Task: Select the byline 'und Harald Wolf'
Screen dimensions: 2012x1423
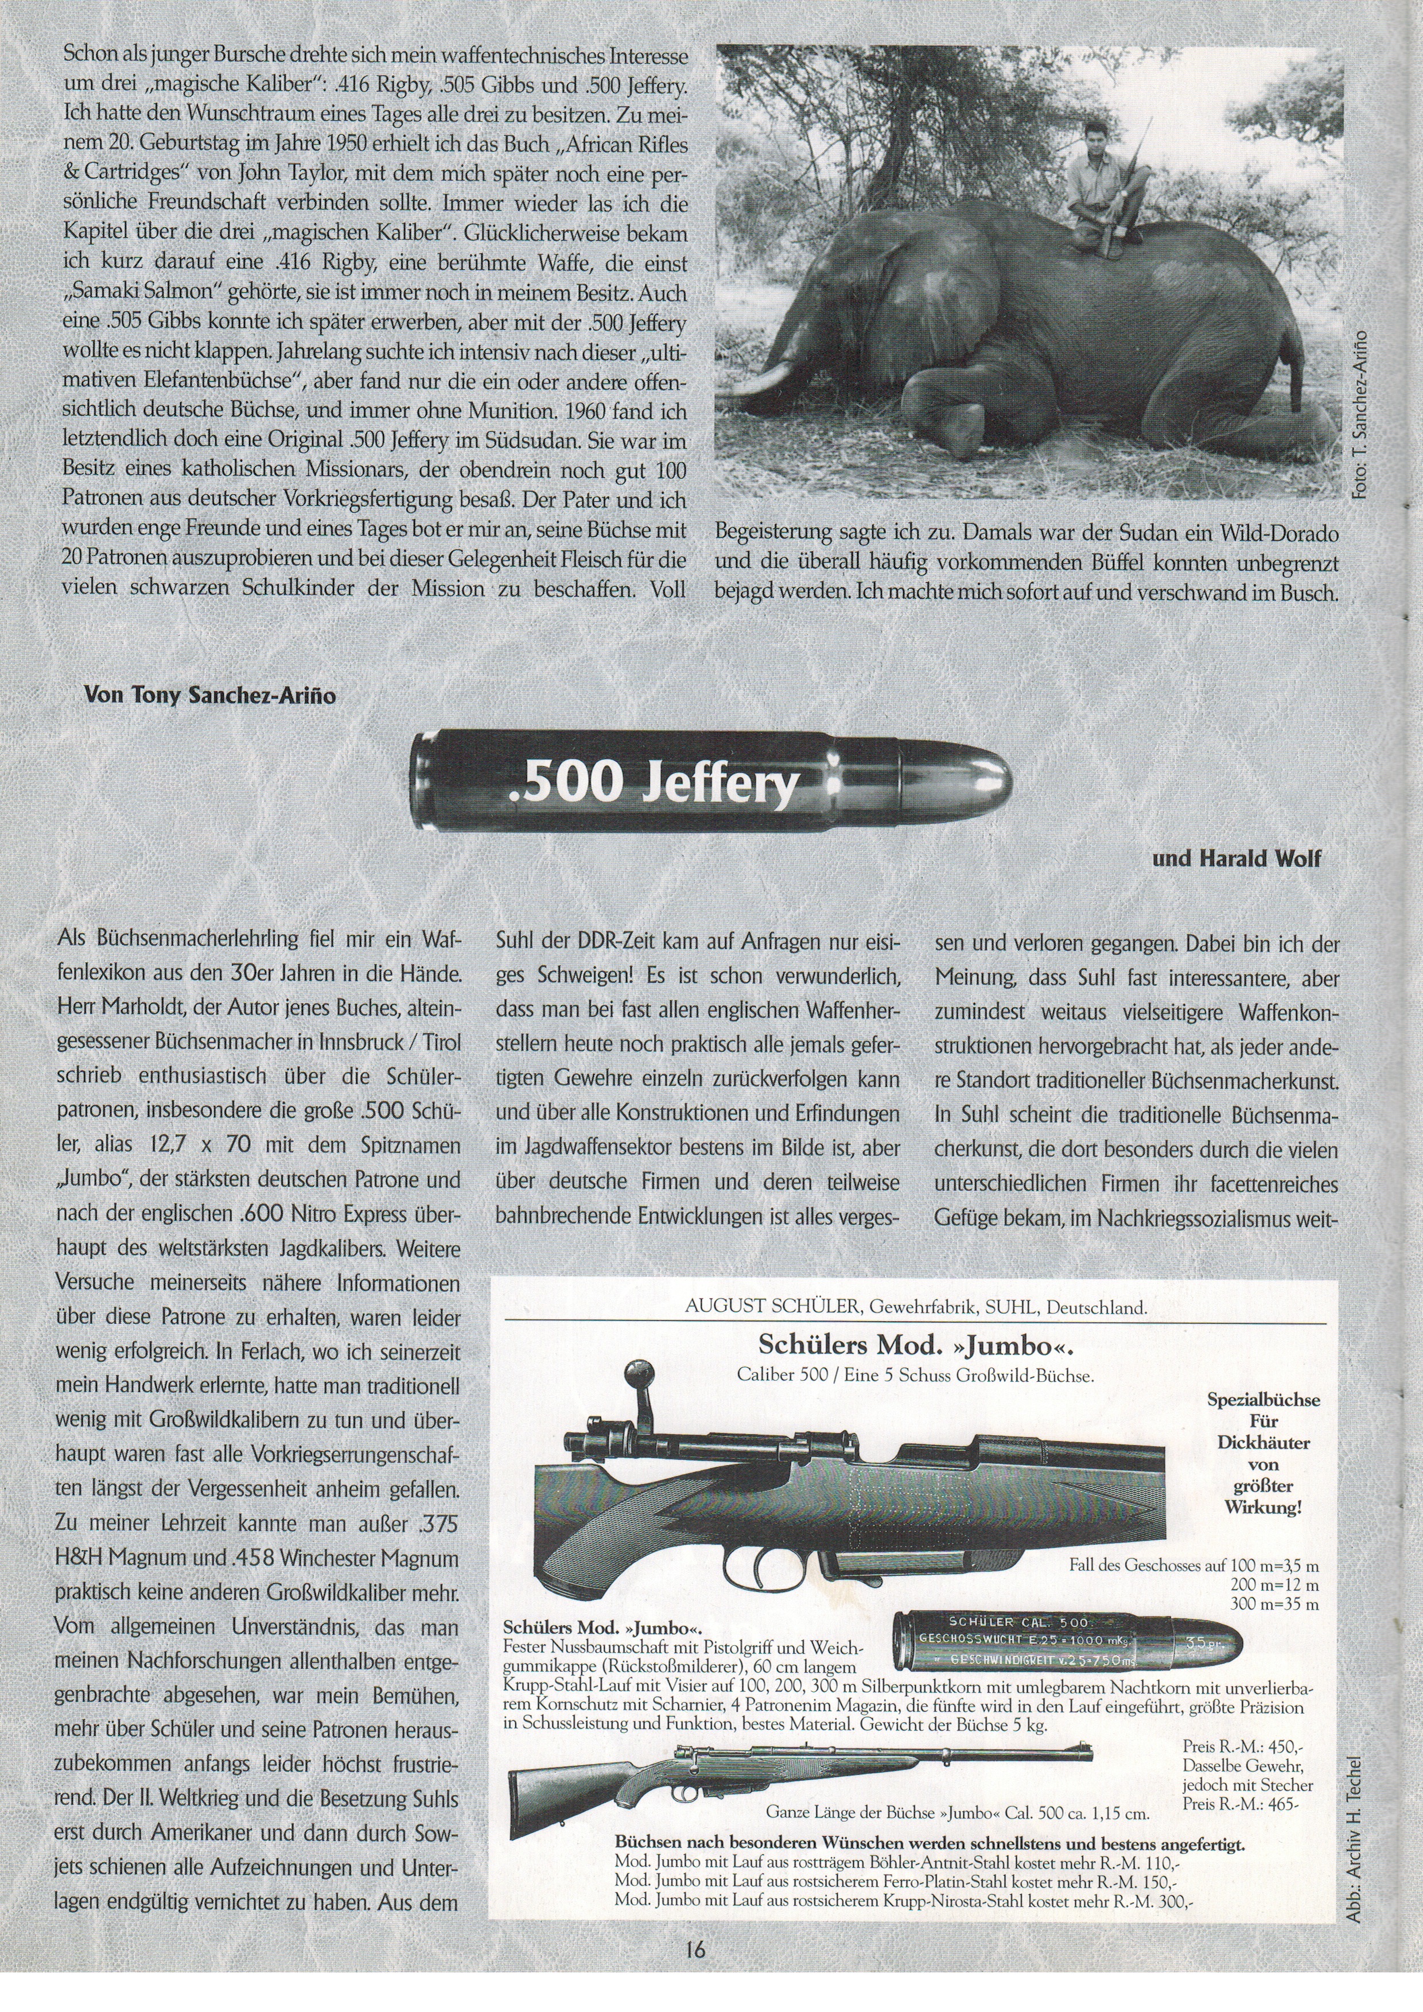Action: pos(1235,859)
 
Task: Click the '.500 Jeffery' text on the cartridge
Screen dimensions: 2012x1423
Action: pos(654,783)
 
